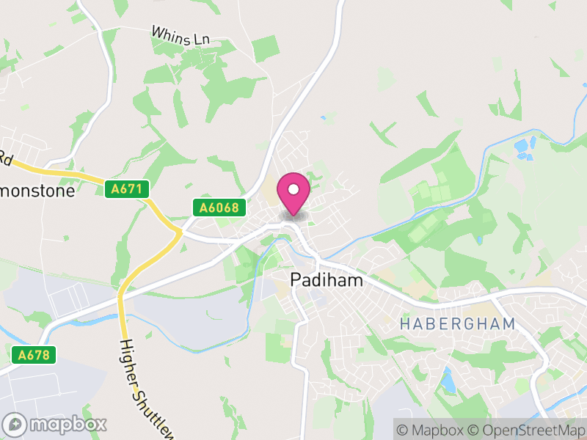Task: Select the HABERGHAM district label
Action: click(x=458, y=323)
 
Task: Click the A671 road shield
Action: click(x=126, y=189)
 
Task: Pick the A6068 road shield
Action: click(x=218, y=208)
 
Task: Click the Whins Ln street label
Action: click(x=180, y=35)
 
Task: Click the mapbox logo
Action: click(x=56, y=424)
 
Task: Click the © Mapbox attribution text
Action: click(x=429, y=429)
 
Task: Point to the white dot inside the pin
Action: click(x=293, y=189)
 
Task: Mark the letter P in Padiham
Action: click(x=296, y=279)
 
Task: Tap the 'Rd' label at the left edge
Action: click(x=6, y=156)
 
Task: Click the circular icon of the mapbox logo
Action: click(x=15, y=424)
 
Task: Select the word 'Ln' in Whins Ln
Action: click(x=200, y=40)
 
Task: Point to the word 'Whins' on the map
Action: click(x=169, y=33)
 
